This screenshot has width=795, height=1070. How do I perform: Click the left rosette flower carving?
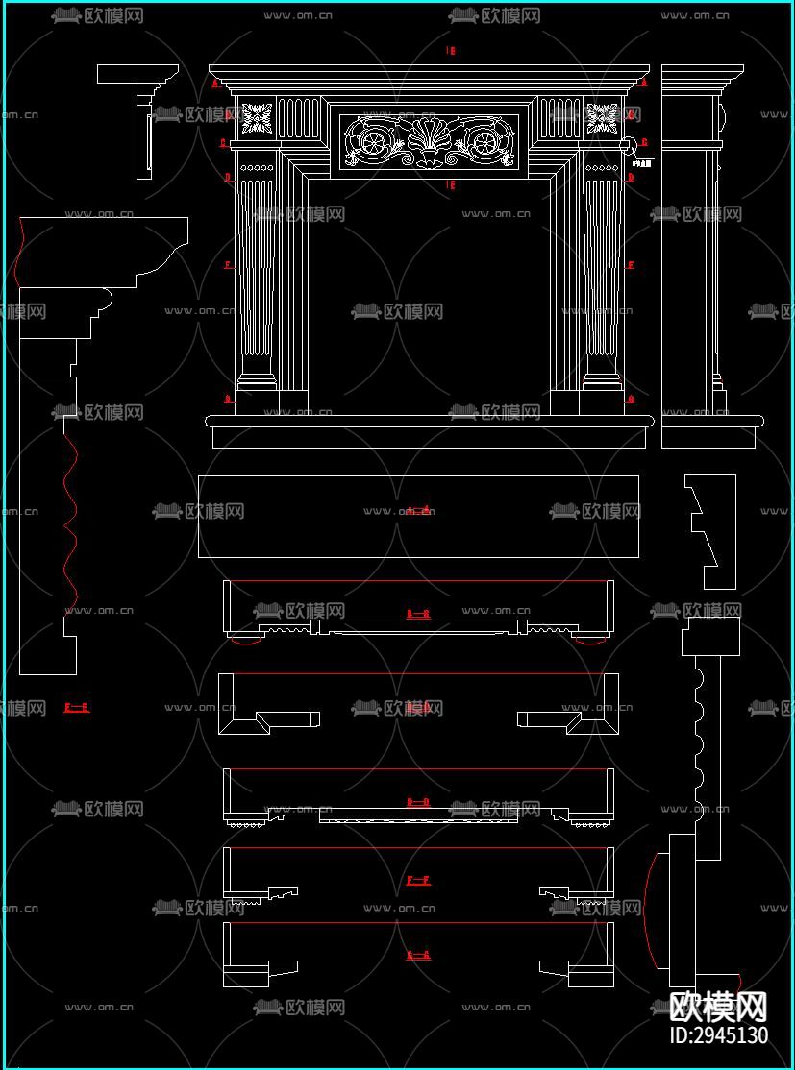pos(258,119)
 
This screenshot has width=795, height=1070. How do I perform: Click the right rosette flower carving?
pos(603,119)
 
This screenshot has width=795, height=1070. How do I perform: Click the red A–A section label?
pos(417,510)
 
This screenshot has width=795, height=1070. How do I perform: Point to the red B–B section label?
pos(417,613)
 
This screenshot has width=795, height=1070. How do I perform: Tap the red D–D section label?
pos(417,801)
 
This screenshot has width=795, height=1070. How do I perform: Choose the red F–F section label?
pos(417,880)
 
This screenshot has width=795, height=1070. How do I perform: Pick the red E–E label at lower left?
pos(76,708)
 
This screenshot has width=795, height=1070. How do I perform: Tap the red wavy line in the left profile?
pos(69,519)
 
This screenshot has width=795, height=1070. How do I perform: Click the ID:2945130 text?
pos(718,1035)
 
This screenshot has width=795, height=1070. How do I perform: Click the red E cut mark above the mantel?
pos(451,50)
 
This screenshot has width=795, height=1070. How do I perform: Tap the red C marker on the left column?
pos(224,143)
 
